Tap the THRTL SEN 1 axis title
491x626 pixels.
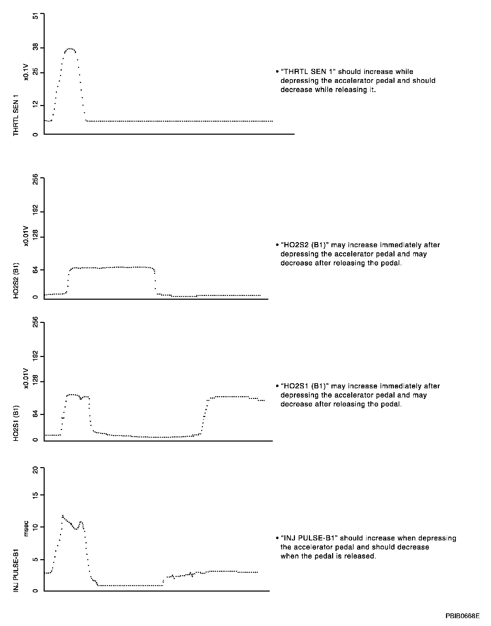click(16, 116)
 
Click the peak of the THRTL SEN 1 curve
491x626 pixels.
click(70, 49)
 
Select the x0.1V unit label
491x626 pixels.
click(26, 73)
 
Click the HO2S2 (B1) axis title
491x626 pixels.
click(16, 281)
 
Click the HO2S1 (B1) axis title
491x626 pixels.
click(16, 423)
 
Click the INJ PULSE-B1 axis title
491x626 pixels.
click(16, 570)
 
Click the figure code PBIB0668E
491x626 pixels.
click(462, 616)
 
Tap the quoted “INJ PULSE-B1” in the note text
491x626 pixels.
click(309, 538)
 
